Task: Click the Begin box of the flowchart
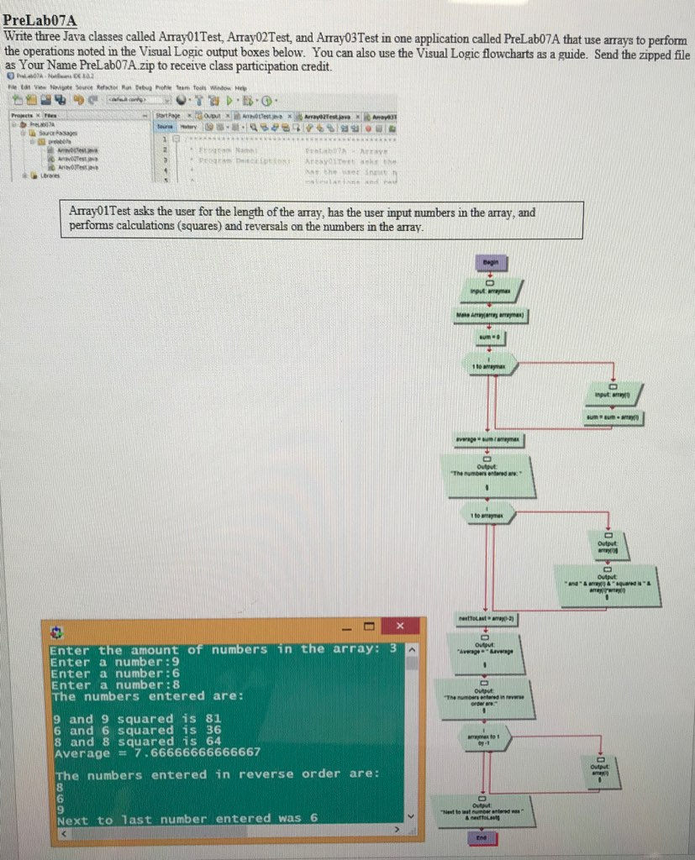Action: point(489,263)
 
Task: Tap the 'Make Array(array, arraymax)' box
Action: point(489,316)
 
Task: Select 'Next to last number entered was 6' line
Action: point(185,819)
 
